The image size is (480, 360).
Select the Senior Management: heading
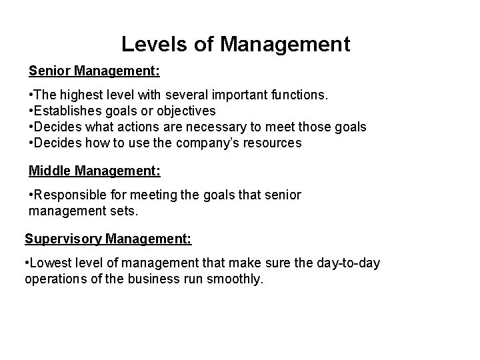pos(94,69)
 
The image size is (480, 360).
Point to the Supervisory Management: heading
pos(108,238)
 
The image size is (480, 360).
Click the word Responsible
pos(71,195)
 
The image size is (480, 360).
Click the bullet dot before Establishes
pos(31,111)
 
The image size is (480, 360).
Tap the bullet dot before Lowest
pos(26,263)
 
